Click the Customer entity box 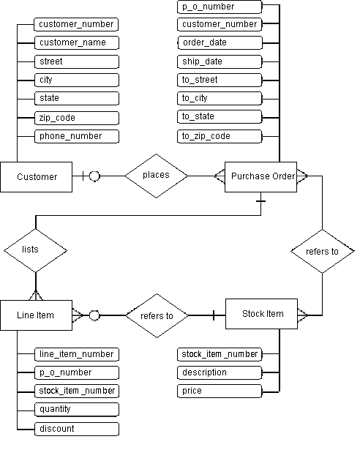[x=37, y=176]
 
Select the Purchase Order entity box [x=262, y=176]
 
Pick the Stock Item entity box [x=262, y=314]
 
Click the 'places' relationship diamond [x=156, y=175]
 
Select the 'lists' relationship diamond [x=31, y=249]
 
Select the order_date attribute [x=220, y=42]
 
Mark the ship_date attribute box [x=220, y=61]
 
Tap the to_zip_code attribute [x=220, y=136]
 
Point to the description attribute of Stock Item [x=220, y=372]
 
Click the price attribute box [x=220, y=391]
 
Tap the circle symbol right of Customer [x=94, y=176]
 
